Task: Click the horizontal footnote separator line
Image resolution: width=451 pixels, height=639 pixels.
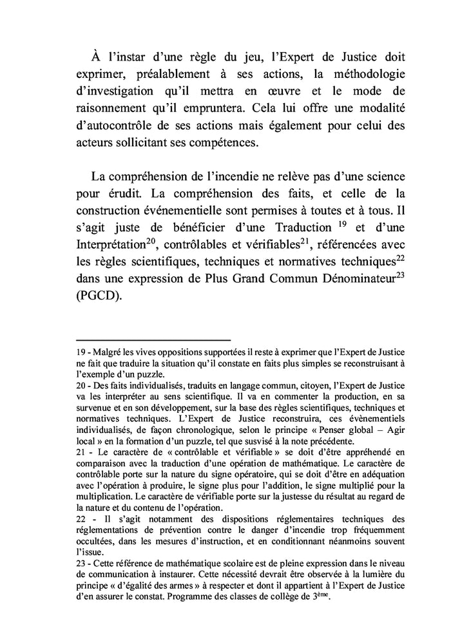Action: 153,339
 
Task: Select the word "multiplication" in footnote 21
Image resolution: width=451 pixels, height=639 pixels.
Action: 107,496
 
